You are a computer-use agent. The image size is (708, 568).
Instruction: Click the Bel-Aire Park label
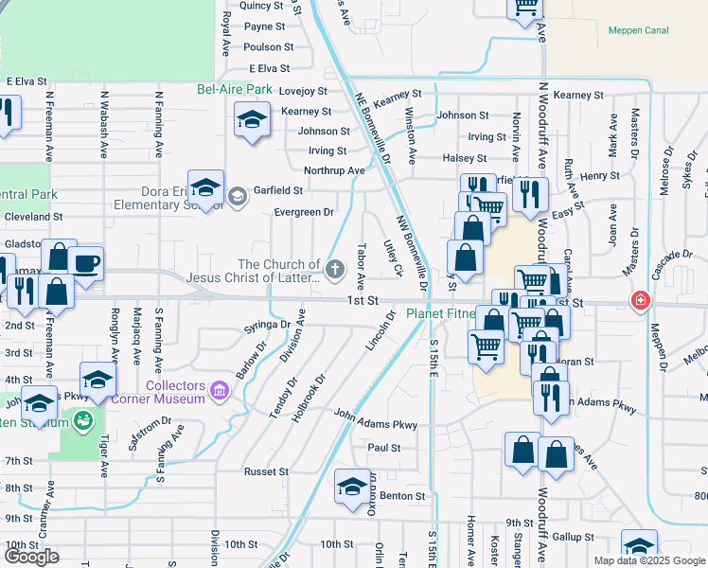235,90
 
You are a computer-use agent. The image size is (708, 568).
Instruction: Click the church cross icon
333,271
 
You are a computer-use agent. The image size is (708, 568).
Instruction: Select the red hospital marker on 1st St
642,301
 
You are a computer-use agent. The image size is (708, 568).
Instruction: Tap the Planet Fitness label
440,314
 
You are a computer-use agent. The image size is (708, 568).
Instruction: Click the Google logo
31,557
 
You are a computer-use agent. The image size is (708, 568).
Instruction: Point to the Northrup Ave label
334,170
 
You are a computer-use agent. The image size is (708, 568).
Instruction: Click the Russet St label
266,471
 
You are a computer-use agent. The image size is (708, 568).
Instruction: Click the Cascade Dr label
673,255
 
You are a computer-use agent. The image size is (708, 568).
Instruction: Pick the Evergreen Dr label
304,212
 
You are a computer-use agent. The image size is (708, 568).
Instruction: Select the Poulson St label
269,46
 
